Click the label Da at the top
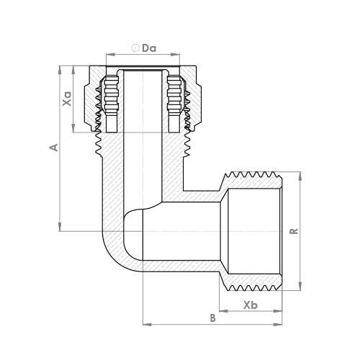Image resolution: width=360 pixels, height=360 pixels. point(149,48)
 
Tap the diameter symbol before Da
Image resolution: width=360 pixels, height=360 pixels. point(135,48)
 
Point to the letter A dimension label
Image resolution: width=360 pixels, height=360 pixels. point(52,148)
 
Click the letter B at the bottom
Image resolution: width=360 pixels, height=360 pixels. point(212,318)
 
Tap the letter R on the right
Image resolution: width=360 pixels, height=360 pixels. point(294,230)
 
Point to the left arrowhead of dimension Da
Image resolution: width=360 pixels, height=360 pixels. point(109,54)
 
